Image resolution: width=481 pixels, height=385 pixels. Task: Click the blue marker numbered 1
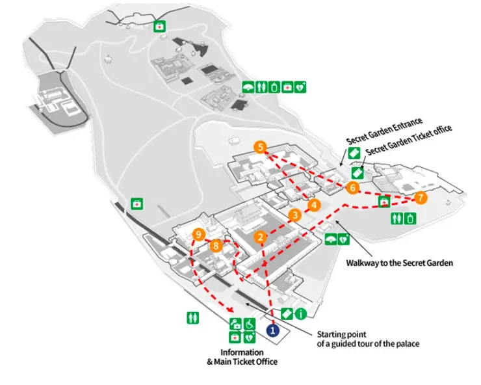pyautogui.click(x=274, y=330)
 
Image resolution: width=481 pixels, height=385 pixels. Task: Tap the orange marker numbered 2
pyautogui.click(x=261, y=238)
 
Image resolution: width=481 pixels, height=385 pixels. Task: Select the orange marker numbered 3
pyautogui.click(x=294, y=215)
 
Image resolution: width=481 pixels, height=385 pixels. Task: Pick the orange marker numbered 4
pyautogui.click(x=315, y=206)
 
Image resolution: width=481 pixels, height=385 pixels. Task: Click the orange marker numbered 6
pyautogui.click(x=353, y=188)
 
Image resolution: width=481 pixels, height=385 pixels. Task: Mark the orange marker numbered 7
pyautogui.click(x=421, y=198)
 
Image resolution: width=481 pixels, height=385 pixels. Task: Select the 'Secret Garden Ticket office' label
pyautogui.click(x=408, y=141)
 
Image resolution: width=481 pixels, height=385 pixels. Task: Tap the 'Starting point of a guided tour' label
pyautogui.click(x=368, y=339)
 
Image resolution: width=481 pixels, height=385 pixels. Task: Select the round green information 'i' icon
pyautogui.click(x=300, y=315)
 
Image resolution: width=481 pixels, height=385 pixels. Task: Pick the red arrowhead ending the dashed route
pyautogui.click(x=229, y=310)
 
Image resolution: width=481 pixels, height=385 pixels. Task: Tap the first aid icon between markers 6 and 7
pyautogui.click(x=384, y=202)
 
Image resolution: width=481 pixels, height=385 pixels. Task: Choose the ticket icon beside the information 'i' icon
pyautogui.click(x=287, y=315)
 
